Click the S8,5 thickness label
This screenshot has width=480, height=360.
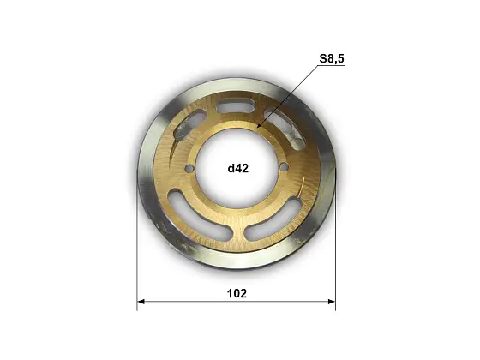(x=332, y=58)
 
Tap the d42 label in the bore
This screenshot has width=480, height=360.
(x=238, y=168)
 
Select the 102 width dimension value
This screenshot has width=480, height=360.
(x=237, y=293)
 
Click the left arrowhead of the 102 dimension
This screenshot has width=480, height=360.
(x=141, y=302)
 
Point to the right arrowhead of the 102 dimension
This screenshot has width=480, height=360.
(x=332, y=302)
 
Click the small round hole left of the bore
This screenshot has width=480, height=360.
(x=189, y=168)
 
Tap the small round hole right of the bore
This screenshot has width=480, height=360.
(x=285, y=167)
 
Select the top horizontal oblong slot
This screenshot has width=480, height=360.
(x=236, y=106)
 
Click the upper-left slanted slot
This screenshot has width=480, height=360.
(x=189, y=125)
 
